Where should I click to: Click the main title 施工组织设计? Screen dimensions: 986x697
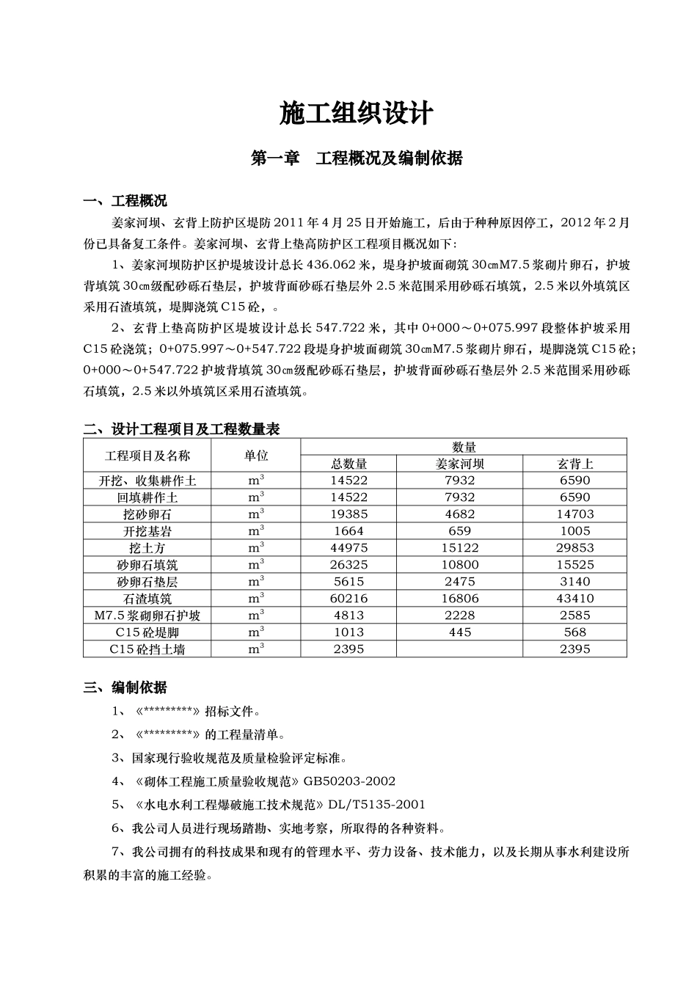pyautogui.click(x=357, y=114)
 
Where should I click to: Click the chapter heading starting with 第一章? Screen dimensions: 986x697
pyautogui.click(x=357, y=158)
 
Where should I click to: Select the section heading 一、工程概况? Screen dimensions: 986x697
pyautogui.click(x=125, y=201)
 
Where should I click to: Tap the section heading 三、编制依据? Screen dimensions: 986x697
pyautogui.click(x=125, y=687)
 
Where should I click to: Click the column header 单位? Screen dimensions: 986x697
pyautogui.click(x=255, y=456)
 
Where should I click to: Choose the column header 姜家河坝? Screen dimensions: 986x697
pyautogui.click(x=459, y=464)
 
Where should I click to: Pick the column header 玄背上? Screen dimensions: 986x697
pyautogui.click(x=574, y=464)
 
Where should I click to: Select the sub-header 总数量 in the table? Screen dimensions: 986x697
pyautogui.click(x=348, y=464)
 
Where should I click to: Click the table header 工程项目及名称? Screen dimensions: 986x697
pyautogui.click(x=147, y=456)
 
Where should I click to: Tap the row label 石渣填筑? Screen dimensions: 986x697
pyautogui.click(x=147, y=599)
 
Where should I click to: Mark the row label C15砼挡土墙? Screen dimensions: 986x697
pyautogui.click(x=147, y=649)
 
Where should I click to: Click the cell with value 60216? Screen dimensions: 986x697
pyautogui.click(x=348, y=599)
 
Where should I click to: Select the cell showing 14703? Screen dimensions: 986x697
pyautogui.click(x=574, y=514)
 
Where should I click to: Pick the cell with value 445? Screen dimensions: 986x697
pyautogui.click(x=459, y=632)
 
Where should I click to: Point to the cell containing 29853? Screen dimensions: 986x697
pyautogui.click(x=574, y=548)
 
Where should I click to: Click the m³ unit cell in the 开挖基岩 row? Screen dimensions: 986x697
pyautogui.click(x=255, y=531)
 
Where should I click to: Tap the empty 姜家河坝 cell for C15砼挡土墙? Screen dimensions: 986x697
pyautogui.click(x=459, y=649)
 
